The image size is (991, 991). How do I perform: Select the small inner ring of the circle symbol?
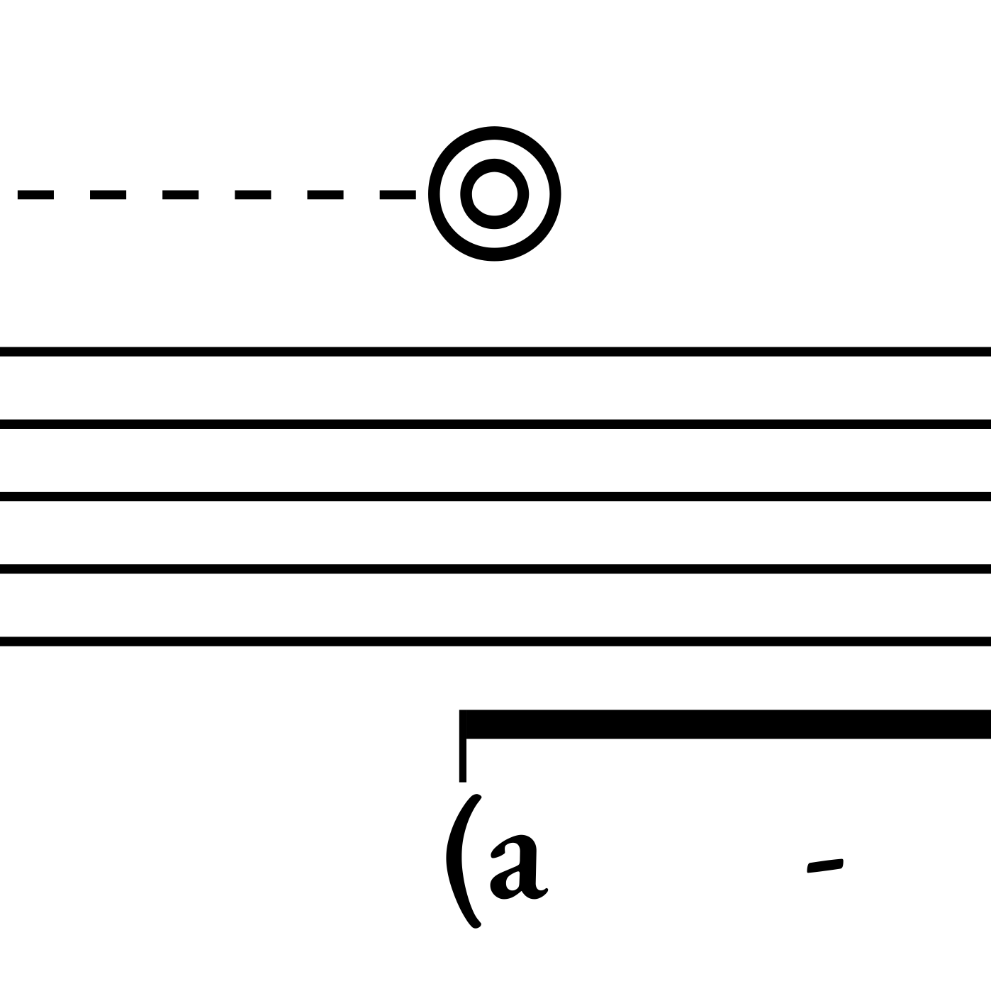pyautogui.click(x=495, y=165)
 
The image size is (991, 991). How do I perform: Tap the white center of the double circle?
pyautogui.click(x=495, y=194)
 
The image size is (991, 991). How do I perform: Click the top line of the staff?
pyautogui.click(x=496, y=352)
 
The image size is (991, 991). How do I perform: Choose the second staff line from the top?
pyautogui.click(x=496, y=424)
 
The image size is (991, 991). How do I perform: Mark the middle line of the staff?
pyautogui.click(x=496, y=496)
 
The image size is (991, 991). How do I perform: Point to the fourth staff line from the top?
pyautogui.click(x=496, y=569)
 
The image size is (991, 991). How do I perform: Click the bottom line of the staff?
pyautogui.click(x=496, y=642)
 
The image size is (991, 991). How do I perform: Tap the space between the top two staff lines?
pyautogui.click(x=496, y=388)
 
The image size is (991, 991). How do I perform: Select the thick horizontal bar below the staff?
pyautogui.click(x=723, y=724)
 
